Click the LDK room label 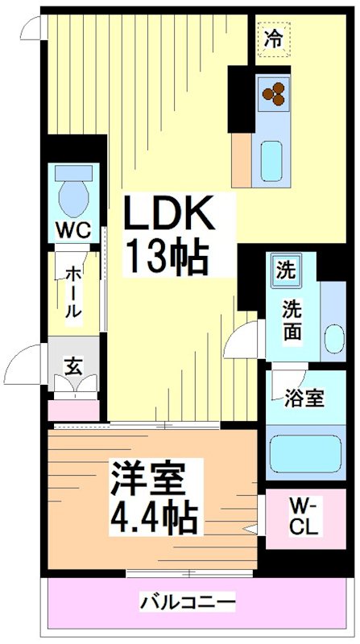[x=168, y=215]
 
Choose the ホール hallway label [x=72, y=291]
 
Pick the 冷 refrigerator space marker [x=274, y=38]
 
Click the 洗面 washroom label [x=292, y=318]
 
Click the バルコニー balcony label [x=188, y=601]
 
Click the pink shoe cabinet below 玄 [x=73, y=409]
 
